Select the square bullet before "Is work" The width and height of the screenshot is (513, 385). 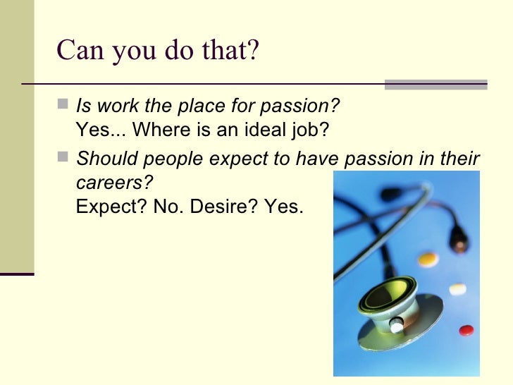pyautogui.click(x=64, y=106)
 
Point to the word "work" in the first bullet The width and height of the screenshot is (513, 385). pyautogui.click(x=109, y=107)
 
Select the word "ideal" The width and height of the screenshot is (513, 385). pyautogui.click(x=265, y=131)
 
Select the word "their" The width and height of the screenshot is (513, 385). pyautogui.click(x=460, y=159)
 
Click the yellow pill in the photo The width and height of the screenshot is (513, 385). pyautogui.click(x=428, y=258)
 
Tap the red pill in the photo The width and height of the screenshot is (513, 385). pyautogui.click(x=466, y=329)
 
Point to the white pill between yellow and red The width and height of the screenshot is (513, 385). pyautogui.click(x=458, y=288)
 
